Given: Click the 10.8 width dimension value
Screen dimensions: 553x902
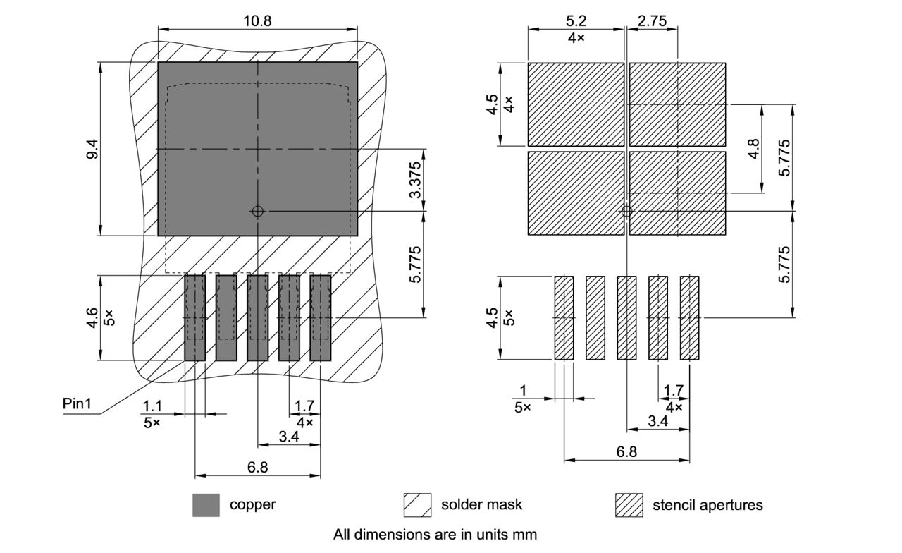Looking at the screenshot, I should point(257,20).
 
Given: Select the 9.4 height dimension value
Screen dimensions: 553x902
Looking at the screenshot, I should point(92,149).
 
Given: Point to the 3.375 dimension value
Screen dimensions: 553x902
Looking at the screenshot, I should point(415,180).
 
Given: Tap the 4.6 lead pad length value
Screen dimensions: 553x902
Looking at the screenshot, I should point(92,317).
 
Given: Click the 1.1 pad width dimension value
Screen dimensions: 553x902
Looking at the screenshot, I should point(152,406).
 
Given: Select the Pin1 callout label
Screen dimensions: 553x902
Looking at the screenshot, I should point(77,404).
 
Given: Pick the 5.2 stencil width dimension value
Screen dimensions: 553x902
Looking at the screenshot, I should point(576,21).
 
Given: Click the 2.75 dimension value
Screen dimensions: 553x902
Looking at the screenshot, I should point(652,21).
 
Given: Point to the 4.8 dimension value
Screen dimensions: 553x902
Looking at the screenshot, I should point(753,148).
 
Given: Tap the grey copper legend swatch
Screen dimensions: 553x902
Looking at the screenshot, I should point(206,505).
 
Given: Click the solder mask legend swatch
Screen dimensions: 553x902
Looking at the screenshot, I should point(417,505).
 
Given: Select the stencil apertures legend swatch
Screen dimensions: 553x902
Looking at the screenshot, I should point(629,505).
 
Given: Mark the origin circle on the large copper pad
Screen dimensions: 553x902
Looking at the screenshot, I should point(258,211).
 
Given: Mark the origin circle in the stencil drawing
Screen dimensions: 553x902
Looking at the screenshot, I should point(626,211).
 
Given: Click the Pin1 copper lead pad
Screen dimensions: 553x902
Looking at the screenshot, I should point(194,318).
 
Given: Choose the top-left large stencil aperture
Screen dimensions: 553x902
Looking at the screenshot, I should point(576,104).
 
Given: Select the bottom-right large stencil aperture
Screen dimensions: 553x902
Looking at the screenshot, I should point(677,193).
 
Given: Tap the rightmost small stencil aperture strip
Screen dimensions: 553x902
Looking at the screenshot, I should point(689,318).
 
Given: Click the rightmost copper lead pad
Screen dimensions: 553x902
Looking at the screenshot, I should point(321,318).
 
